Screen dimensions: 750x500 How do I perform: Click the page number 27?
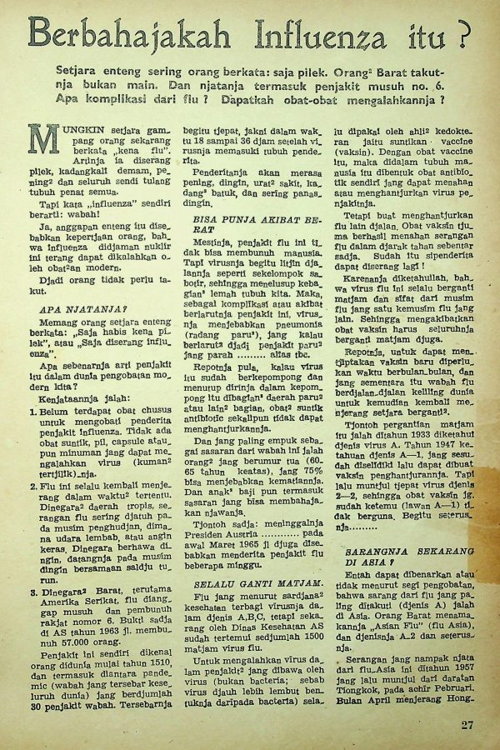[467, 723]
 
